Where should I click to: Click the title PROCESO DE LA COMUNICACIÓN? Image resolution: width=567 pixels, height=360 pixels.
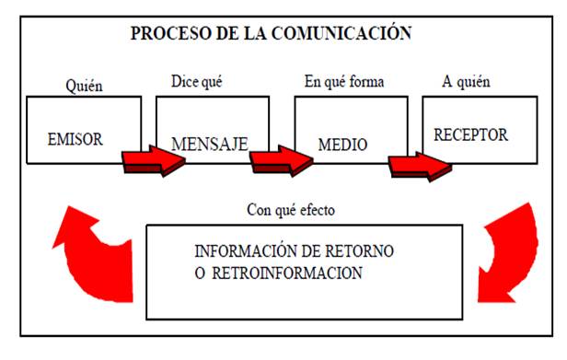(271, 34)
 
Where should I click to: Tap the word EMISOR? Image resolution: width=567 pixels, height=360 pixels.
(75, 140)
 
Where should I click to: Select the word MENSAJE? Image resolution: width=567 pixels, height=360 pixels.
(211, 145)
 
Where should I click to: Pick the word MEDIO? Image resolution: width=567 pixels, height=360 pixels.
(342, 145)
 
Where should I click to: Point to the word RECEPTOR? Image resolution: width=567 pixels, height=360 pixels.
(471, 134)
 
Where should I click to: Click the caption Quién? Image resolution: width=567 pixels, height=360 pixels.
(84, 87)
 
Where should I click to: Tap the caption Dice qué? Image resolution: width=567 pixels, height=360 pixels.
(197, 81)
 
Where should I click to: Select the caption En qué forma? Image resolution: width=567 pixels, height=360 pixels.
(343, 82)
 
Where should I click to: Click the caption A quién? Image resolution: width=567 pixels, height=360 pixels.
(464, 82)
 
